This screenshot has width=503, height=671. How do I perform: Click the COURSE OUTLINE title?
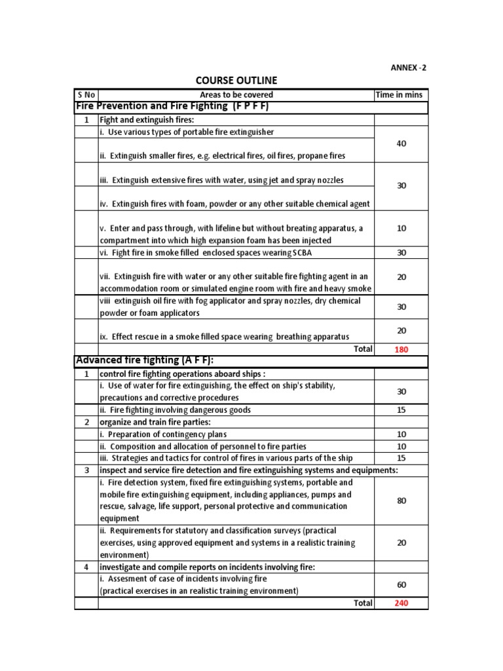coord(236,81)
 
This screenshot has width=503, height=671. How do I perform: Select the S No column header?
coord(86,95)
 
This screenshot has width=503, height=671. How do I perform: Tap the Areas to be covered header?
coord(236,95)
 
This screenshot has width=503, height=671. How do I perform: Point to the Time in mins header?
coord(400,95)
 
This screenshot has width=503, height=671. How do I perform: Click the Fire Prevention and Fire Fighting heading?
coord(173,106)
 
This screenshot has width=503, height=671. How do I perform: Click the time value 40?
coord(401,144)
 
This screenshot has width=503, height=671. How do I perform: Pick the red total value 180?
coord(401,349)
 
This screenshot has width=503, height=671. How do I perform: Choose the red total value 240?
coord(401,603)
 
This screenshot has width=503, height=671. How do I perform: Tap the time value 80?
coord(401,501)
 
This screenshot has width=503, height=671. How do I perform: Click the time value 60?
coord(401,585)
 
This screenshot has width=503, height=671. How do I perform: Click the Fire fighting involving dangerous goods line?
coord(175,410)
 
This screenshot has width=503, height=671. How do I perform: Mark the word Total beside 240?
coord(363,603)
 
